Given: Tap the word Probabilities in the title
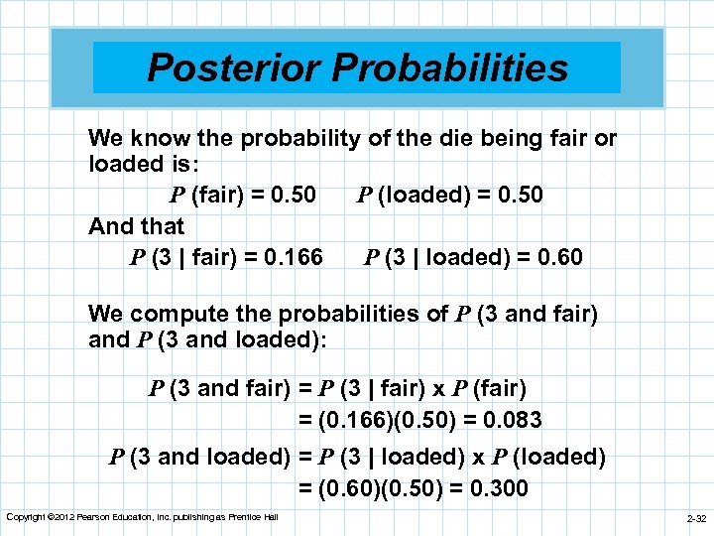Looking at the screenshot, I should coord(450,67).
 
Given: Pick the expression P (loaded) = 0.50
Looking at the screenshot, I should coord(450,195).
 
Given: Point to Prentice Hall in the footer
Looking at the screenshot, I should coord(256,517).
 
